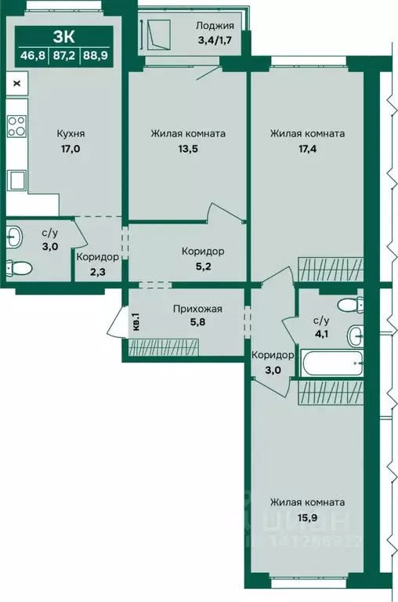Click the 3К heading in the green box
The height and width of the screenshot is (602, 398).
pyautogui.click(x=63, y=38)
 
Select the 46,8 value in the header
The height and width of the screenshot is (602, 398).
pyautogui.click(x=33, y=56)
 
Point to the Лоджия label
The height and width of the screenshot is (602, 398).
pyautogui.click(x=215, y=26)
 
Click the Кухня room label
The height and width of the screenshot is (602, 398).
pyautogui.click(x=71, y=133)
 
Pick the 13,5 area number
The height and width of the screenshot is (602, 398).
pyautogui.click(x=188, y=149)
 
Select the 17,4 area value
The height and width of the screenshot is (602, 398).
pyautogui.click(x=307, y=149)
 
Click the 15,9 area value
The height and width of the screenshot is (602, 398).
pyautogui.click(x=307, y=517)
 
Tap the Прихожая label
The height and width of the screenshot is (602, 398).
pyautogui.click(x=197, y=309)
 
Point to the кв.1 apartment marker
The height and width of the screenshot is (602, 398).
pyautogui.click(x=136, y=321)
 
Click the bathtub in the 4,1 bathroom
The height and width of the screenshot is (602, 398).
pyautogui.click(x=332, y=363)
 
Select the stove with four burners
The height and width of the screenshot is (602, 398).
pyautogui.click(x=17, y=126)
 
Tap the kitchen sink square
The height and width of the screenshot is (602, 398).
pyautogui.click(x=18, y=180)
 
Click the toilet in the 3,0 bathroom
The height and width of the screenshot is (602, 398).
pyautogui.click(x=19, y=267)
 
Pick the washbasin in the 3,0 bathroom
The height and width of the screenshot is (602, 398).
pyautogui.click(x=15, y=237)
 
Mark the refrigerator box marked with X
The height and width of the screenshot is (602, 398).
pyautogui.click(x=17, y=83)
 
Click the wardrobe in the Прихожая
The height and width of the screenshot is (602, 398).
pyautogui.click(x=164, y=347)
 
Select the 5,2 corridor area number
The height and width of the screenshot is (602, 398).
pyautogui.click(x=203, y=266)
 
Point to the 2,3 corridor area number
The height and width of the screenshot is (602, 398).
pyautogui.click(x=97, y=272)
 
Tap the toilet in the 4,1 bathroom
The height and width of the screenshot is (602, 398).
pyautogui.click(x=351, y=305)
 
